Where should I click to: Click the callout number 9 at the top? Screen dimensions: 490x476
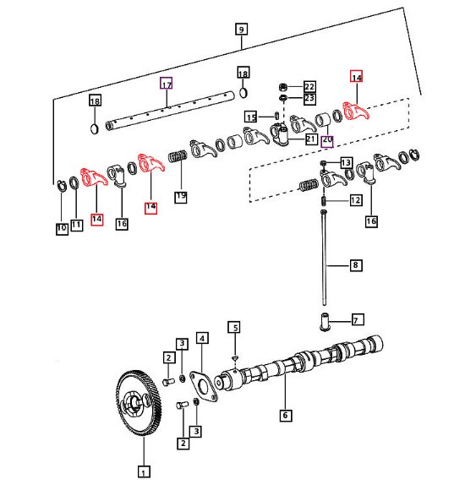[242, 30]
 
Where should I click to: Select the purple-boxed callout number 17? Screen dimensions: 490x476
[167, 84]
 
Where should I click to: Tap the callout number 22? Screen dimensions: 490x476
[309, 87]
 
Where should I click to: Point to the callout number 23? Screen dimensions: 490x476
[309, 99]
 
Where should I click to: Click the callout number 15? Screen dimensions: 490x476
[250, 116]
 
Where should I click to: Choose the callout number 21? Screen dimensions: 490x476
[310, 139]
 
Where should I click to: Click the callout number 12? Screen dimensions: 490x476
[355, 200]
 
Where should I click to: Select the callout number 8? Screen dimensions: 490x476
[355, 265]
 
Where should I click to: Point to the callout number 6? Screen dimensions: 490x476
[286, 415]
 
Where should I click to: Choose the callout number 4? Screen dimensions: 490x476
[202, 339]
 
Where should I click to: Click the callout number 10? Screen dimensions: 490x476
[61, 228]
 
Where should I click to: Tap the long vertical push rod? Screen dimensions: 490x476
[324, 253]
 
